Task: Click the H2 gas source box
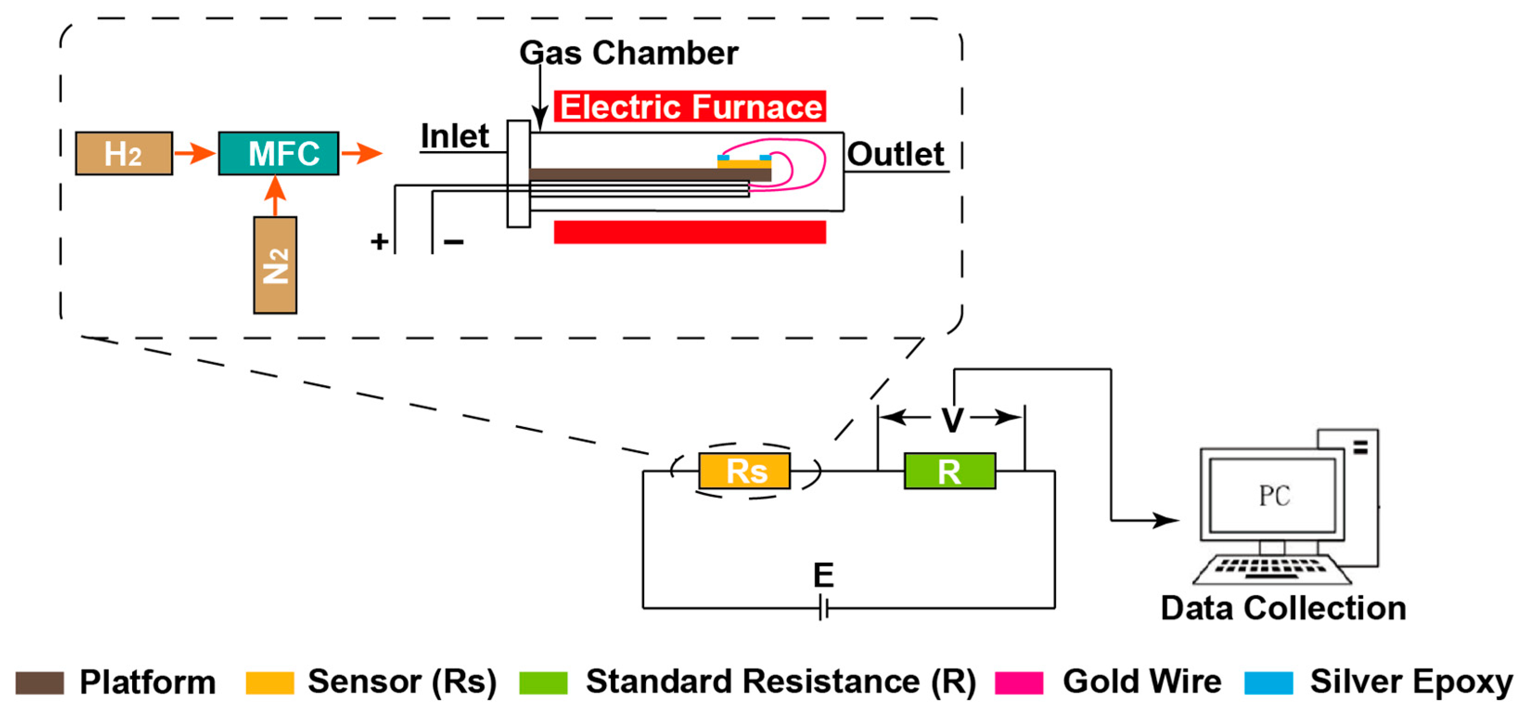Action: [124, 153]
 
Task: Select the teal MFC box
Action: [278, 153]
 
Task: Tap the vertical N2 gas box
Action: [275, 265]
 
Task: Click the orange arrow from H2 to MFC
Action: [195, 153]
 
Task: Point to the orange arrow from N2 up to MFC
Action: [275, 196]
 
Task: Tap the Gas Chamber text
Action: [628, 53]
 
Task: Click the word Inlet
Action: [454, 136]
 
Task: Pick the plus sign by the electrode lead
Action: [380, 241]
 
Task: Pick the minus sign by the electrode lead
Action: [454, 241]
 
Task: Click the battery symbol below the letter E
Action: [823, 608]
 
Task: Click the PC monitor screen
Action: [1272, 496]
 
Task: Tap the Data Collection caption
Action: [1283, 608]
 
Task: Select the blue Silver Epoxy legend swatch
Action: [1268, 683]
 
